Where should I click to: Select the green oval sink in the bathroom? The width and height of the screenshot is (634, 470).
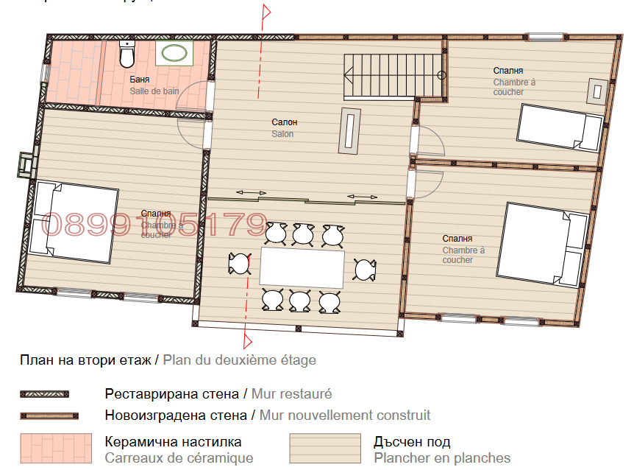click(x=174, y=52)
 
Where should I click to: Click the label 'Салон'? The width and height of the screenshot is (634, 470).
click(x=284, y=122)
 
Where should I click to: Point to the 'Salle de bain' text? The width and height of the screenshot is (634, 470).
click(x=154, y=91)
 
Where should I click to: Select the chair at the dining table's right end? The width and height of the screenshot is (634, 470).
click(x=365, y=270)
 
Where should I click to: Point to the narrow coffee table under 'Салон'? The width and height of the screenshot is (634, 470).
click(x=349, y=130)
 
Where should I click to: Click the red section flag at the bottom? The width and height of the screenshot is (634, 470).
click(x=249, y=340)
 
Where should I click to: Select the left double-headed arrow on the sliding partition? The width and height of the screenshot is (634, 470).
click(x=251, y=193)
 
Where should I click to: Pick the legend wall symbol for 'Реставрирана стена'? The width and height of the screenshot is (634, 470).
click(x=44, y=395)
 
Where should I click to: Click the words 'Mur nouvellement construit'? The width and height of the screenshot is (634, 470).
click(x=345, y=415)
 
